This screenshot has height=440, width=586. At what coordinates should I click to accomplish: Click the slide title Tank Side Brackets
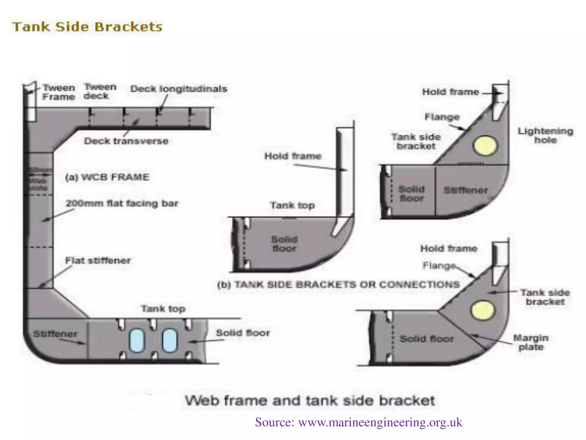click(x=87, y=27)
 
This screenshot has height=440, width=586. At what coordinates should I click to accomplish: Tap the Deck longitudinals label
click(x=179, y=89)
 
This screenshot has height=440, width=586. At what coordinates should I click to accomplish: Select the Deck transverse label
click(x=126, y=141)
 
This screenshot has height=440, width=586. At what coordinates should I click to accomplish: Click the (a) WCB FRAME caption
click(x=107, y=177)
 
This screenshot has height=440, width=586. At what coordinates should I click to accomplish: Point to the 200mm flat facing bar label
click(x=122, y=203)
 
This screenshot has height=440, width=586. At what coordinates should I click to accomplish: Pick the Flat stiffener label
click(x=98, y=260)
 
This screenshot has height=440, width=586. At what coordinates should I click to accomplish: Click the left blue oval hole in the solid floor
click(x=137, y=340)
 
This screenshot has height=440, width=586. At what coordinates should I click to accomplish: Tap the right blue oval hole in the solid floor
click(x=170, y=340)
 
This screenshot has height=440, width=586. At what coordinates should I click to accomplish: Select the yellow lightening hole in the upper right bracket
click(x=485, y=145)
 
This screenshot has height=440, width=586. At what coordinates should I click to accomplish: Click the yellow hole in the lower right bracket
click(x=482, y=310)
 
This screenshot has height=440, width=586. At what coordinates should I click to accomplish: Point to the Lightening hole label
click(x=545, y=135)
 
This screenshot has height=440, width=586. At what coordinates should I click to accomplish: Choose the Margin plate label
click(x=531, y=342)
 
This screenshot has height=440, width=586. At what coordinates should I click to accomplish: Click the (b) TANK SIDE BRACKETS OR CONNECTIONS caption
click(x=338, y=284)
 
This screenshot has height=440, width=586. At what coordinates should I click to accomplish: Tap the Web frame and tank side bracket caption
click(x=310, y=400)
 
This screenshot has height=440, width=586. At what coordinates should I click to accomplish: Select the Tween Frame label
click(x=59, y=92)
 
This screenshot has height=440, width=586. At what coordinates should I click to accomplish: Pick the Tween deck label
click(x=100, y=91)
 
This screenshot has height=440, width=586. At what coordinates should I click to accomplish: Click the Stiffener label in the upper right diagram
click(x=466, y=190)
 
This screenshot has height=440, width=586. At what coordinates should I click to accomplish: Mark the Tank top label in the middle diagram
click(x=292, y=205)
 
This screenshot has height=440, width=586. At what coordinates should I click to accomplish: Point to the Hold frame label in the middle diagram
click(x=293, y=156)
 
